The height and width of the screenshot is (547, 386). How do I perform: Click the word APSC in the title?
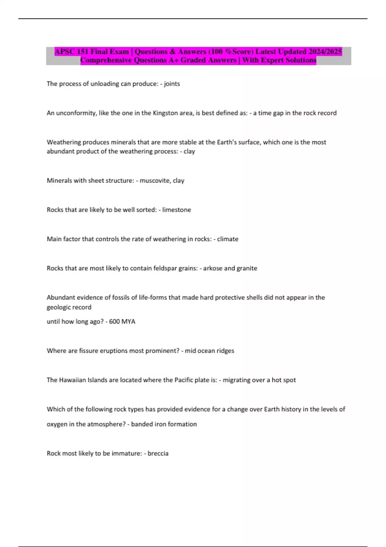point(65,52)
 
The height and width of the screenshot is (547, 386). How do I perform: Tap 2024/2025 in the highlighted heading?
point(325,52)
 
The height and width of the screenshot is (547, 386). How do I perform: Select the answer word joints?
point(172,84)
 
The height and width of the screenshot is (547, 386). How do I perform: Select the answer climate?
point(227,239)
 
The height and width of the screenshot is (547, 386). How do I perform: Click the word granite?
point(246,268)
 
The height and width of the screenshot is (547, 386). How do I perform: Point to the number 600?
point(114,321)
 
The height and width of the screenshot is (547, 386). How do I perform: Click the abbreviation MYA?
point(128,321)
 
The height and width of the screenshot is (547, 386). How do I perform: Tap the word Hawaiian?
point(72,380)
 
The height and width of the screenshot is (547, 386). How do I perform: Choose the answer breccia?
point(158,453)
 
